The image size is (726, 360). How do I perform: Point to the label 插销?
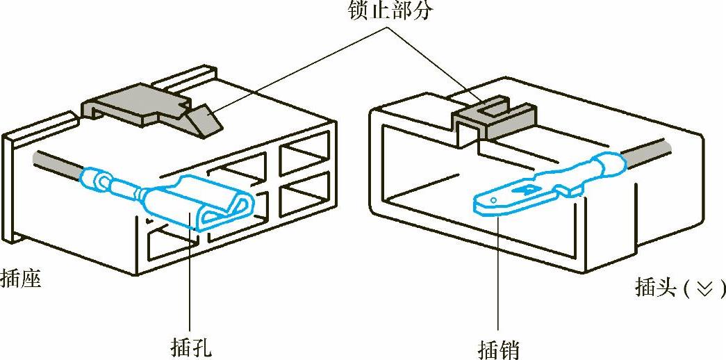(x=499, y=347)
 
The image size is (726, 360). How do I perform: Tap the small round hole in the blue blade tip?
(x=492, y=202)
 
